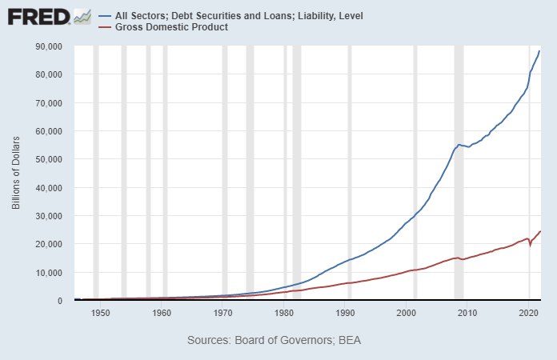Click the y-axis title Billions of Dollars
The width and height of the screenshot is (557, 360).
tap(16, 174)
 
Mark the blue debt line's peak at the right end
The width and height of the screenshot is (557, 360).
tap(539, 51)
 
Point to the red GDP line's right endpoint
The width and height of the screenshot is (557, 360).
tap(540, 231)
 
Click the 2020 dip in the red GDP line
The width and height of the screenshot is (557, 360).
tap(530, 246)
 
